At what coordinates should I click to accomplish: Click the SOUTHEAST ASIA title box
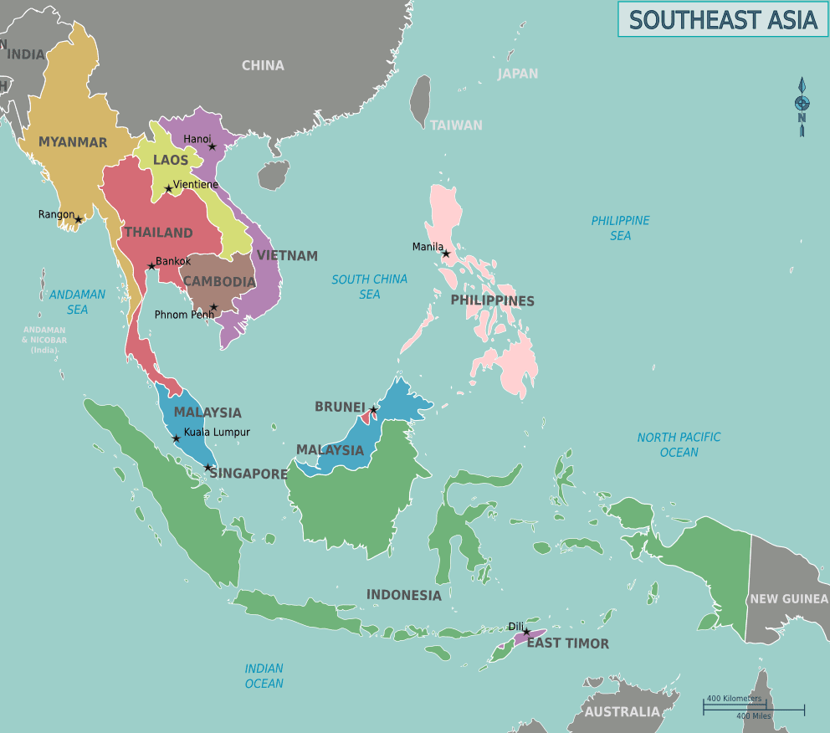pos(723,19)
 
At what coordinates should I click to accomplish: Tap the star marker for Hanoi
pos(212,147)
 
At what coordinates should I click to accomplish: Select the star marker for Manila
pos(446,254)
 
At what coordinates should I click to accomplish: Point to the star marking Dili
pos(526,632)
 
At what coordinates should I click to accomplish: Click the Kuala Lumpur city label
pos(217,432)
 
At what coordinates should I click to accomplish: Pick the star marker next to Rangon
pos(79,219)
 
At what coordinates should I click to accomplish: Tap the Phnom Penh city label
pos(183,315)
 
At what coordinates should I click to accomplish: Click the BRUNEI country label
pos(340,407)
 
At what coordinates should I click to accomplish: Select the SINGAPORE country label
pos(248,474)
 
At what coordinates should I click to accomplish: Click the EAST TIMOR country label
pos(567,643)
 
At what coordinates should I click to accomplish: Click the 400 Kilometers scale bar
pos(735,705)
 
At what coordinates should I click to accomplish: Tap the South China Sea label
pos(369,286)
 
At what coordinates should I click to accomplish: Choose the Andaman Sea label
pos(77,301)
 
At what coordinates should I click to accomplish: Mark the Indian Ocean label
pos(264,675)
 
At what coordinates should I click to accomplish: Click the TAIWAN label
pos(456,125)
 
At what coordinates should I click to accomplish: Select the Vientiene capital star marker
pos(169,188)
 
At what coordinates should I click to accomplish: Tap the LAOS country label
pos(171,160)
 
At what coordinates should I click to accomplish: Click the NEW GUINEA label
pos(788,598)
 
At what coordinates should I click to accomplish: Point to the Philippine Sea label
pos(620,228)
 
